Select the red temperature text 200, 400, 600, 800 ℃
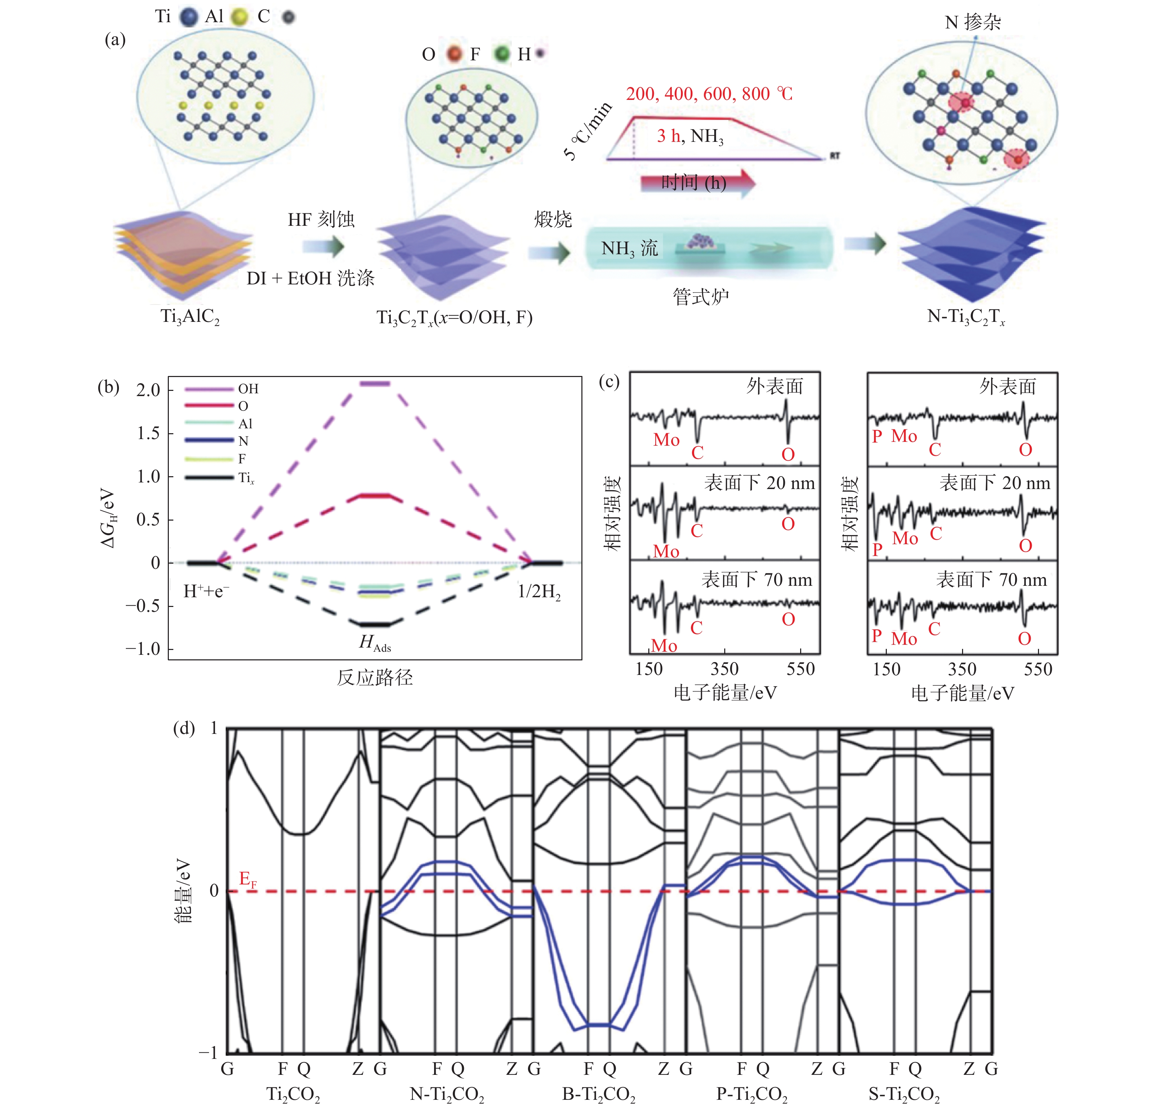[708, 94]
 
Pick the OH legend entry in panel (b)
[248, 389]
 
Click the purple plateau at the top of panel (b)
[375, 384]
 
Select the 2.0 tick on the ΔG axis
[148, 390]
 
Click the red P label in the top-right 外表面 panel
[876, 437]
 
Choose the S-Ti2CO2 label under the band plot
[904, 1094]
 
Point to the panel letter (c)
[609, 382]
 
